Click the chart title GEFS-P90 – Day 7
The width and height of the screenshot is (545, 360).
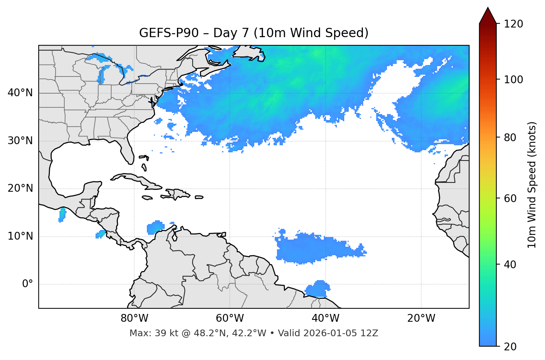coord(254,33)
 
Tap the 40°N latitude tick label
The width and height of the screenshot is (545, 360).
coord(20,93)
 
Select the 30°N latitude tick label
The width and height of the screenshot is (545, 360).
coord(20,141)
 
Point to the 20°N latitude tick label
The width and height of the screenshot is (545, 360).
coord(20,188)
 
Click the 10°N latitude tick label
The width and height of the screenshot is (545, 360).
coord(20,236)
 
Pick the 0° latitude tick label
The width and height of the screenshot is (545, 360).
coord(27,284)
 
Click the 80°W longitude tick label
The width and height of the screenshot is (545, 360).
coord(134,318)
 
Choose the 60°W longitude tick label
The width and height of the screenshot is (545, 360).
coord(230,318)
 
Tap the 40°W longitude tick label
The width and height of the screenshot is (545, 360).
coord(325,318)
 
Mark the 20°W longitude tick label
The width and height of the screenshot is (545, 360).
coord(421,318)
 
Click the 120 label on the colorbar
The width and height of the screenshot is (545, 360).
coord(513,24)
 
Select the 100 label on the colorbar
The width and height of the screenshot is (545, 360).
coord(513,80)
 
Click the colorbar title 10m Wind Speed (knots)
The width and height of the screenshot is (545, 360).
coord(532,185)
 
